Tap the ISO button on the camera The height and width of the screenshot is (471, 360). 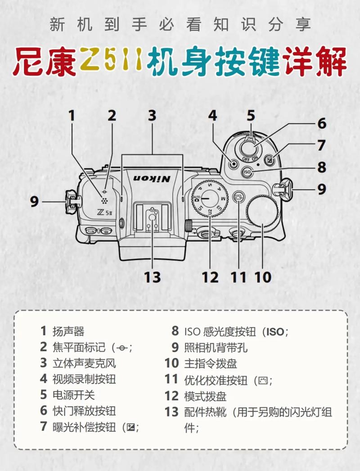click(x=247, y=172)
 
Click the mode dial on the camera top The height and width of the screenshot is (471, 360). click(x=210, y=198)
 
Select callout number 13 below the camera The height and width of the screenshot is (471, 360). click(x=153, y=276)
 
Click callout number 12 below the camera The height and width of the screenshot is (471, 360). click(x=209, y=276)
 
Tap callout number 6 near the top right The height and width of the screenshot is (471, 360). click(x=321, y=123)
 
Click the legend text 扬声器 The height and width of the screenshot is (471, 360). click(x=68, y=331)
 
